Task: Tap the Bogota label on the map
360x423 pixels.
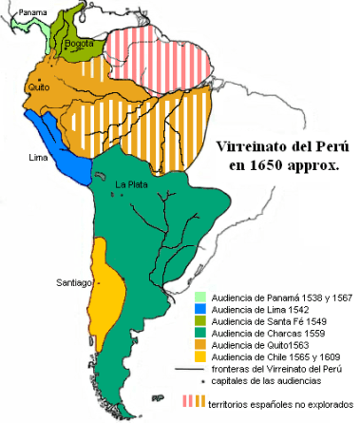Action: tap(80, 44)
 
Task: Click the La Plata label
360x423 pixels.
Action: tap(130, 183)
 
